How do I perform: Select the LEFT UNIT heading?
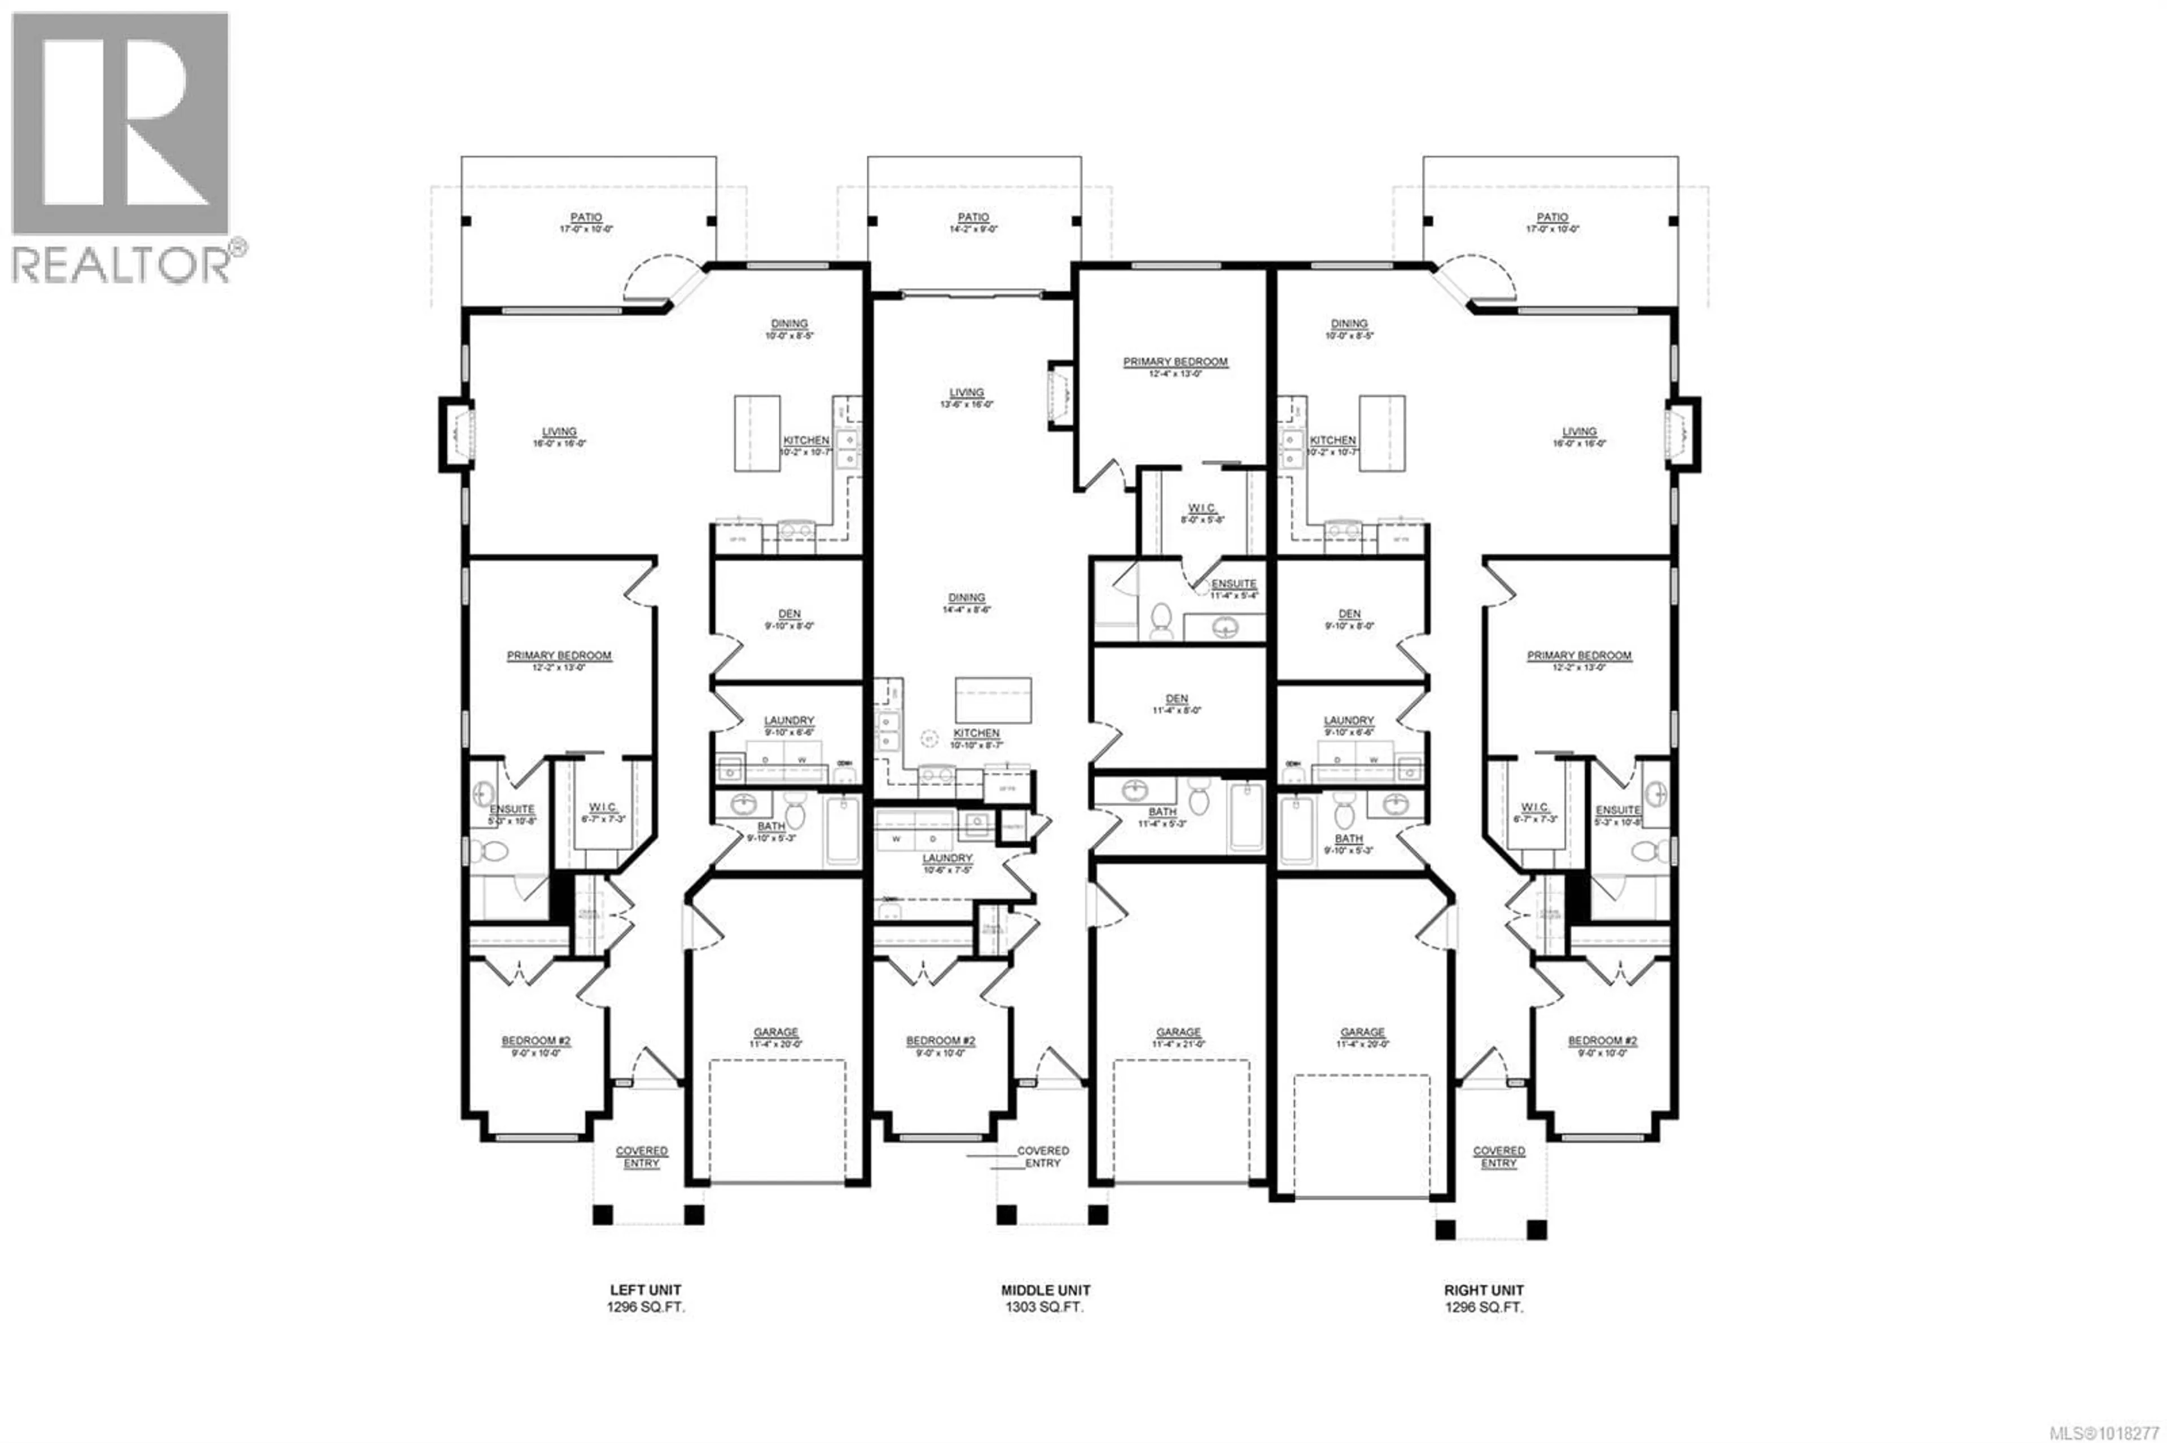[x=646, y=1290]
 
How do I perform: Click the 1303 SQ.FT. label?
[x=1045, y=1307]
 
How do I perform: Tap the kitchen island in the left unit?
[x=757, y=433]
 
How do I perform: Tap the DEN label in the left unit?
[x=789, y=614]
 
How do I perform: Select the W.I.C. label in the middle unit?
[x=1201, y=509]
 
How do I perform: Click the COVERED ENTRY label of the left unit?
[x=642, y=1157]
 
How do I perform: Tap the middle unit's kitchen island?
[x=993, y=700]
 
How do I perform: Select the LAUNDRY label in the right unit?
[x=1349, y=720]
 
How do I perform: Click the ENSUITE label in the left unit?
[x=512, y=809]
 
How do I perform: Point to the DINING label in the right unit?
[x=1349, y=324]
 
